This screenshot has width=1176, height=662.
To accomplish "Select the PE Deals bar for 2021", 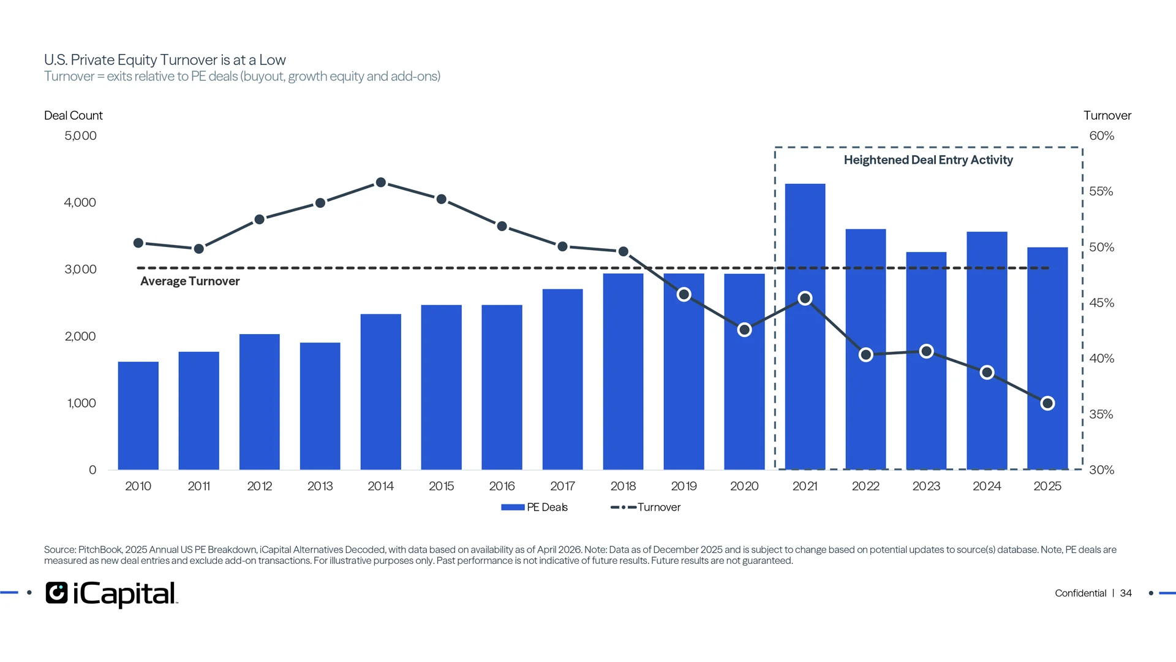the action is pos(805,327).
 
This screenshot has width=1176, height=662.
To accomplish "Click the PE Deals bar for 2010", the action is pos(138,416).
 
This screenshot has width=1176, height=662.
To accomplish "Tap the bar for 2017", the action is pos(562,379).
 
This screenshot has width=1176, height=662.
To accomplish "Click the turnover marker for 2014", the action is pos(381,183).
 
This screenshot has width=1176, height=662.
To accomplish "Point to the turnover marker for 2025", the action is pos(1047,403).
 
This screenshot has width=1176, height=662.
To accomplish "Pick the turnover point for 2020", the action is pos(745,330).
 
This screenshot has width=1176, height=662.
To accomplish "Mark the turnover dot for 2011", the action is pos(199,249).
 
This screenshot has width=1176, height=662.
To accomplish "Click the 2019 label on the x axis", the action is pos(684,486).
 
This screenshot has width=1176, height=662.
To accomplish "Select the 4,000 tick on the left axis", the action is pos(80,203).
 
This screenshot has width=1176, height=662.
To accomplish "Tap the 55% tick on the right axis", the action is pos(1101,192).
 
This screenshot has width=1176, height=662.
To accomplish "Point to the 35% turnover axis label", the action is pos(1101,414).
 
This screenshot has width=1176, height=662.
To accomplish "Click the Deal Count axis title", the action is pos(73,115).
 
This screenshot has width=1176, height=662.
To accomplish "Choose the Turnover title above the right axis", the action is pos(1107,115).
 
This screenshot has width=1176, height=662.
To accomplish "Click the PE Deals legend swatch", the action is pos(513,508).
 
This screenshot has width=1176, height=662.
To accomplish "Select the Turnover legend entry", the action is pos(646,508).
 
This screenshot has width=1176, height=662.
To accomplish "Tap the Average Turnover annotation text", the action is pos(190,281).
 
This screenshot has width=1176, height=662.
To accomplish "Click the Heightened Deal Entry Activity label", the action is pos(929,160).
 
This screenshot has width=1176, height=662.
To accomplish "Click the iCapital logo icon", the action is pos(57,593).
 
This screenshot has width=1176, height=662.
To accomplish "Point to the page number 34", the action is pos(1126,593).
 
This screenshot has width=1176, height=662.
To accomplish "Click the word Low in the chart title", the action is pos(273,60).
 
